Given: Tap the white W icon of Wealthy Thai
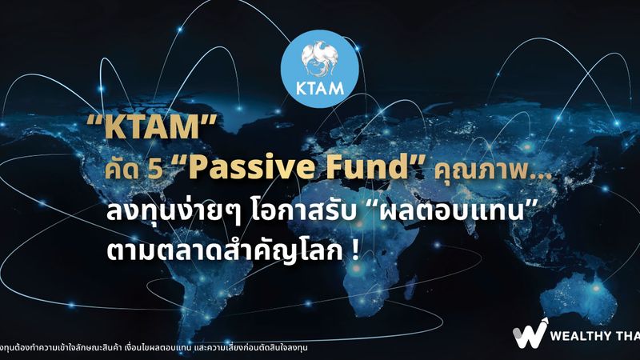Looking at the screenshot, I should (x=530, y=335).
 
